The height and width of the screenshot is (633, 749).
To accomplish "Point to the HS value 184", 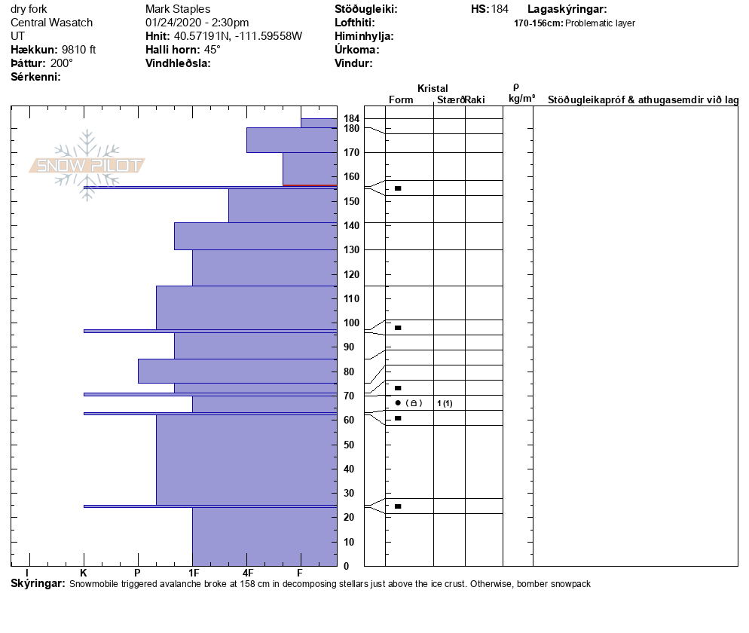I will pyautogui.click(x=500, y=9).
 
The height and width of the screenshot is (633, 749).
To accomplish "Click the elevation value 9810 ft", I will pyautogui.click(x=79, y=50).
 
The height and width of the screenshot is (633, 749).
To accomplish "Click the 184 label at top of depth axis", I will pyautogui.click(x=351, y=119).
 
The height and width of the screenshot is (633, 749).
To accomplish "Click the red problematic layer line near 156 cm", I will pyautogui.click(x=309, y=185).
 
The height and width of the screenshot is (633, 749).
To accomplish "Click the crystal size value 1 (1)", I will pyautogui.click(x=445, y=403).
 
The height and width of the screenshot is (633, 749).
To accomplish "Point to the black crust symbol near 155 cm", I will pyautogui.click(x=398, y=188).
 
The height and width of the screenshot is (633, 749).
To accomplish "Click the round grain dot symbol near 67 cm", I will pyautogui.click(x=398, y=403).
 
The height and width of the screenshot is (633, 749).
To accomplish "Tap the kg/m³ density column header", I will pyautogui.click(x=521, y=99).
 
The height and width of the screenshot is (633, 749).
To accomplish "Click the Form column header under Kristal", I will pyautogui.click(x=400, y=99).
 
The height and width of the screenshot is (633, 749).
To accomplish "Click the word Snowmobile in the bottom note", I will pyautogui.click(x=94, y=585).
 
